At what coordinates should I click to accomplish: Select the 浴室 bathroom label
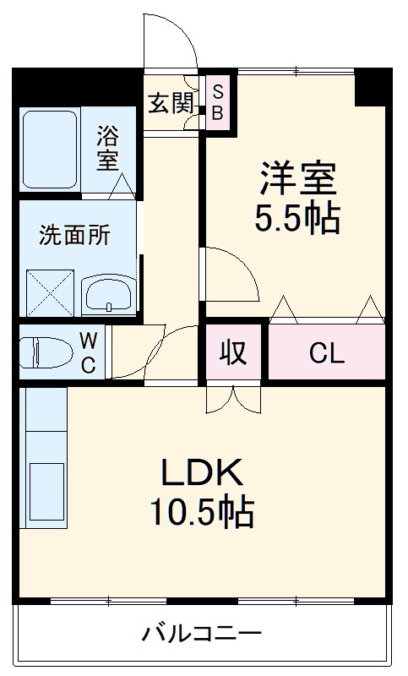coord(108,148)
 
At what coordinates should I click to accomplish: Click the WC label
coord(88,352)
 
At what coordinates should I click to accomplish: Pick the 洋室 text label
coord(298,178)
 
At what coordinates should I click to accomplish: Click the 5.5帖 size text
coord(298,219)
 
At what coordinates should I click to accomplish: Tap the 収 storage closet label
coord(234,352)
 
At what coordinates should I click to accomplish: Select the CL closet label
coord(326,353)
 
